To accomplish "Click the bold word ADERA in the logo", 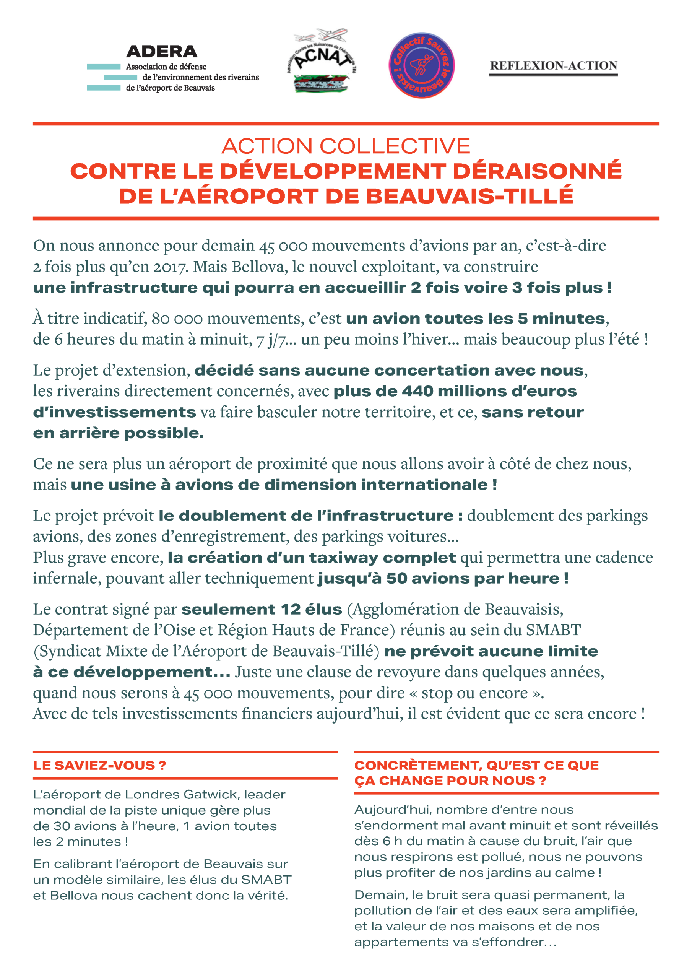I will (162, 52).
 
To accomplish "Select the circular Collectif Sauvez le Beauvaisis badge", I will (421, 65).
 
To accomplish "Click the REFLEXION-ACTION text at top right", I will (553, 66).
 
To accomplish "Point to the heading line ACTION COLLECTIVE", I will (346, 146).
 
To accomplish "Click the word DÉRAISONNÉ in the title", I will (537, 171).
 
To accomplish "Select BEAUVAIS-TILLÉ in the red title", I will (469, 196).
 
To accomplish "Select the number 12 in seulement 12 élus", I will (291, 609).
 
